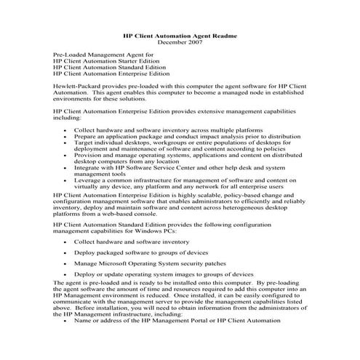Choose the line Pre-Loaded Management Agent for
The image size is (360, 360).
103,55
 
